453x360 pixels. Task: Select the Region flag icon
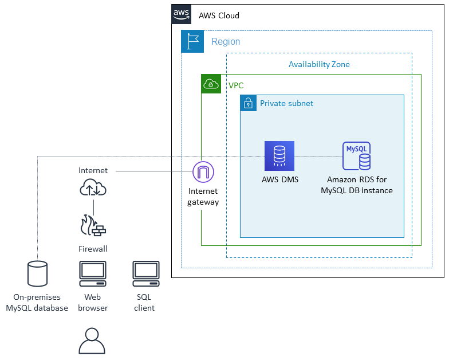click(x=192, y=41)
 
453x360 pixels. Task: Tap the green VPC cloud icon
click(x=211, y=84)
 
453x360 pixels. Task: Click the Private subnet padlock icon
click(x=249, y=103)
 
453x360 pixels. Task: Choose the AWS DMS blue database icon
click(x=279, y=156)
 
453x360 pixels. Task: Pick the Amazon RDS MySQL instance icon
click(x=356, y=156)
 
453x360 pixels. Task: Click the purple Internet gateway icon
click(x=203, y=171)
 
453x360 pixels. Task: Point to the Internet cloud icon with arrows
click(x=93, y=188)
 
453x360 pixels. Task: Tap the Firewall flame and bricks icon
click(x=93, y=226)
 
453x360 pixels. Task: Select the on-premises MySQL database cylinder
click(x=37, y=273)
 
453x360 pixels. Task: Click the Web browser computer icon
click(x=92, y=274)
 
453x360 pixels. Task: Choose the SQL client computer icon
click(x=145, y=274)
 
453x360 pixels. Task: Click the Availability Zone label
click(x=319, y=64)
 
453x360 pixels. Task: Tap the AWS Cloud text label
click(x=219, y=15)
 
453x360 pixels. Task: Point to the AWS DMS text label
click(x=279, y=179)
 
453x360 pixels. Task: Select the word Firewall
click(x=93, y=249)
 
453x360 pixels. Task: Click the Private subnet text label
click(x=286, y=103)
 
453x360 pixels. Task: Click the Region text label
click(x=226, y=42)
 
